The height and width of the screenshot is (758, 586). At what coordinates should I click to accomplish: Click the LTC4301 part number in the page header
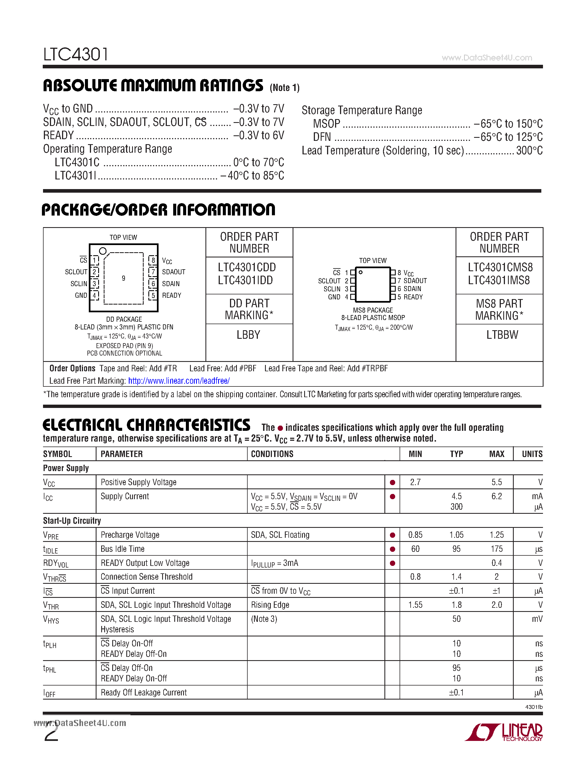coord(75,55)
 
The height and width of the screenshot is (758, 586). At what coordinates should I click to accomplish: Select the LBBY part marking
coord(248,335)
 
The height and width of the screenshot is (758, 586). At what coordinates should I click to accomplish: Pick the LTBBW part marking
coord(502,335)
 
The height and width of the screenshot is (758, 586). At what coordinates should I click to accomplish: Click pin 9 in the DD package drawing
coord(124,278)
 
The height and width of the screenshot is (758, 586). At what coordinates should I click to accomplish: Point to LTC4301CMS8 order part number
coord(500,267)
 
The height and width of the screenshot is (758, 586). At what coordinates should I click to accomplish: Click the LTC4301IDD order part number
coord(245,280)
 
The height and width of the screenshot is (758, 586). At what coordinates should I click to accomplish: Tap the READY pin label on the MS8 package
coord(413,297)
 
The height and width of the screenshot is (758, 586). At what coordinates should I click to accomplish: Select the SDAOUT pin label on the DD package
coord(173,272)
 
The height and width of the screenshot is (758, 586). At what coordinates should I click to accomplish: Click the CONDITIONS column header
coord(272,454)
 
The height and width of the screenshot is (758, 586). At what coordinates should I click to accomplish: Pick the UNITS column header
coord(532,454)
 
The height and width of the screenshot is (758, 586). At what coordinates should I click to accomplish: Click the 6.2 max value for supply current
coord(496,496)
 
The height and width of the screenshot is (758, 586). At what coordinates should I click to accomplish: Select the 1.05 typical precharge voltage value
coord(456,535)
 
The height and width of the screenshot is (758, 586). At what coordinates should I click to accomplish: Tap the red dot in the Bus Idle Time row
coord(392,549)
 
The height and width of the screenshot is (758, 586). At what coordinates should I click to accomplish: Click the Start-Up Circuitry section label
coord(72,521)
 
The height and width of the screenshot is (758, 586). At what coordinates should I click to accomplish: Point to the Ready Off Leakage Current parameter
coord(144,692)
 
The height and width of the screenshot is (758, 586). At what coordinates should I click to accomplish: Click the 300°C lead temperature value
coord(529,150)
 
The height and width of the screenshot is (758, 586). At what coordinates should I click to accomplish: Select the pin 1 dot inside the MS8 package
coord(361,272)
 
